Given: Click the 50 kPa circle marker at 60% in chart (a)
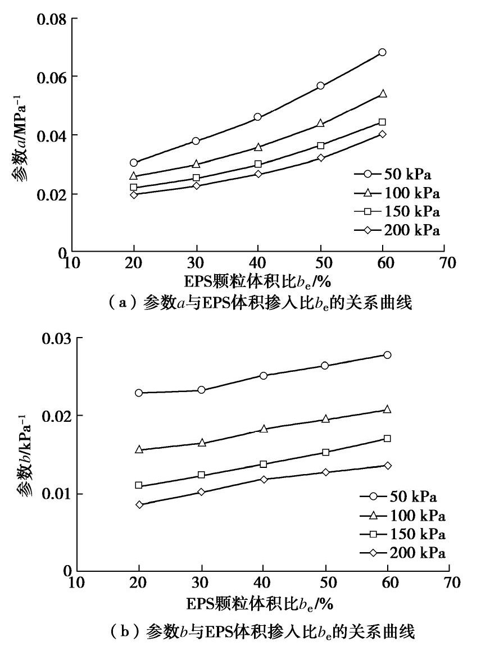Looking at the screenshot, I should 382,52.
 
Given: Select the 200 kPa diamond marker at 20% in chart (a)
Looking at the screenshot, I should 134,195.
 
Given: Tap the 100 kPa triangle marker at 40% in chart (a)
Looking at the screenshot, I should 258,147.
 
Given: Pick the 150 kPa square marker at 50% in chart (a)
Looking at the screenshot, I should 320,145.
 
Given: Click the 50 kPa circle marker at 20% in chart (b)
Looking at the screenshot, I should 139,393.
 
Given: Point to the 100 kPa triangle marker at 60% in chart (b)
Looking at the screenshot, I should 387,409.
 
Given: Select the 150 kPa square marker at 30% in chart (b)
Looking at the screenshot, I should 201,475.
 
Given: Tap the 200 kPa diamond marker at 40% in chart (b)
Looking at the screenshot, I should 263,479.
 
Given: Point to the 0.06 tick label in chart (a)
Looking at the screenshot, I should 52,77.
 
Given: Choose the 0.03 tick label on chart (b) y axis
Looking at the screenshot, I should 57,338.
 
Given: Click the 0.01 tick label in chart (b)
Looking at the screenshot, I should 57,494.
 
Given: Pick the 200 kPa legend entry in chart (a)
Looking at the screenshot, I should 396,230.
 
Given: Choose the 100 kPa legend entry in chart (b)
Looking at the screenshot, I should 402,515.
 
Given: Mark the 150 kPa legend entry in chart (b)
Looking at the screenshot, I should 402,534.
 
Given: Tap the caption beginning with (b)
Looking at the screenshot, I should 244,632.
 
